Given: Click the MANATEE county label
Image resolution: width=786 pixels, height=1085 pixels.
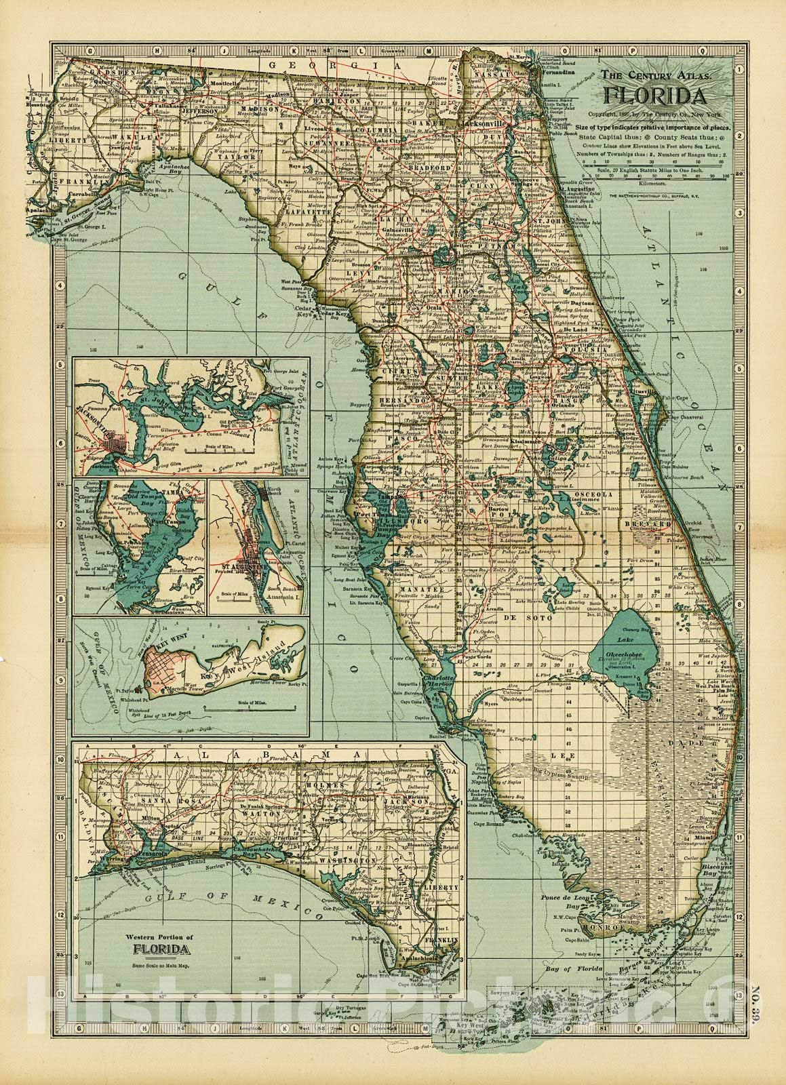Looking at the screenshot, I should pyautogui.click(x=418, y=590).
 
